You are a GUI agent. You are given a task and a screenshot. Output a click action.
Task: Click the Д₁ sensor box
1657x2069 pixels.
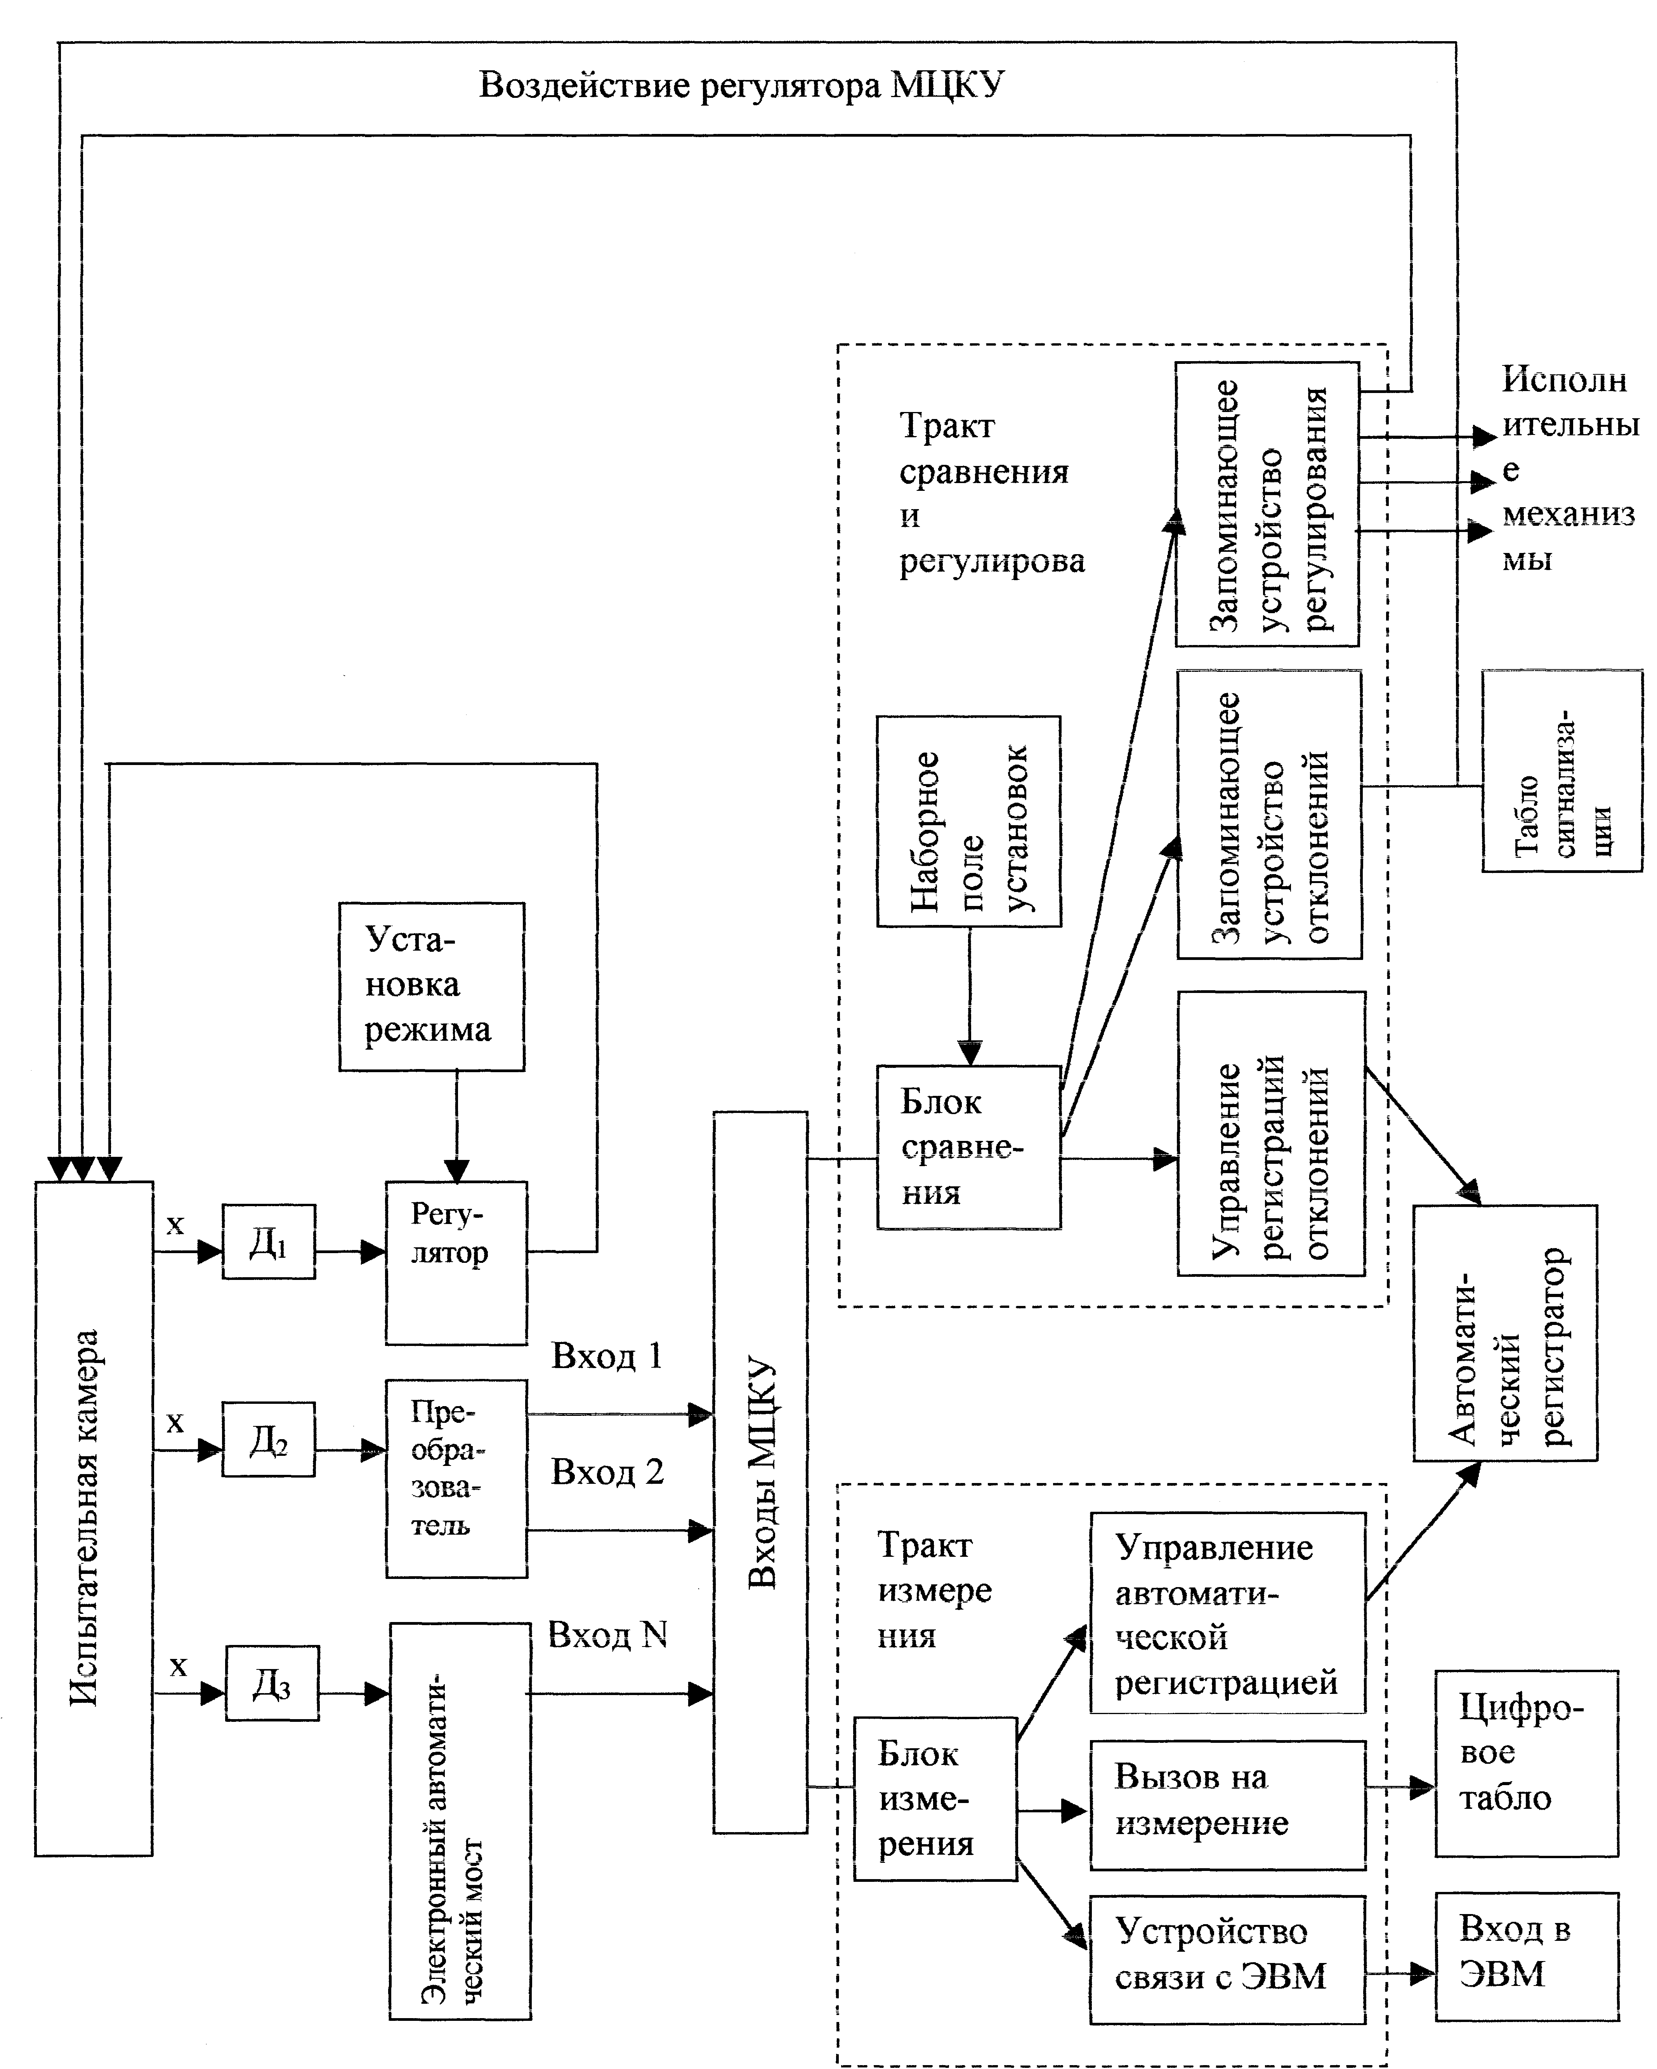click(269, 1242)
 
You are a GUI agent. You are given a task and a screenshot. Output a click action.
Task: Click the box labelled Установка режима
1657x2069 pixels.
click(432, 986)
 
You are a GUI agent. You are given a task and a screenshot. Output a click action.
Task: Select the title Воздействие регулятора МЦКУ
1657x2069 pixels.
click(742, 84)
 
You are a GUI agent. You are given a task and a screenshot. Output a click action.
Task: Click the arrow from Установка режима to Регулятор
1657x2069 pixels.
click(457, 1127)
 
